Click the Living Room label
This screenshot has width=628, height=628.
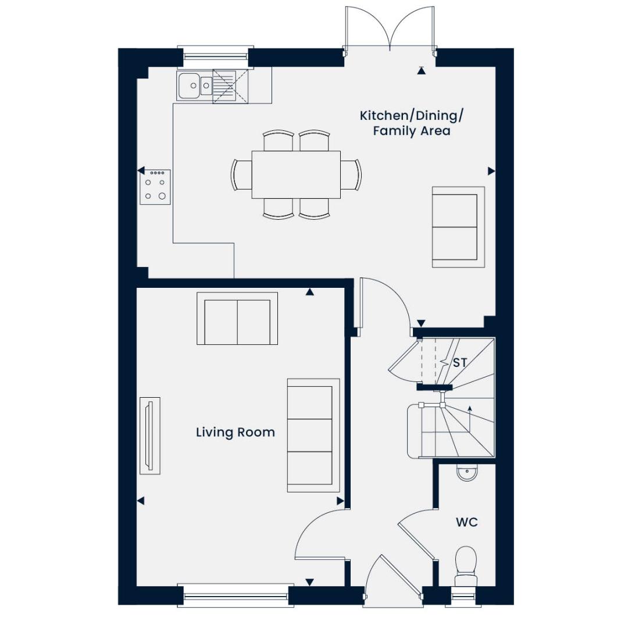(235, 432)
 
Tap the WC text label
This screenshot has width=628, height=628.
(466, 522)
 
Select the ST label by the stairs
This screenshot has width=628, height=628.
(460, 362)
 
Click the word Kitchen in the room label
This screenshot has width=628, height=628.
(383, 116)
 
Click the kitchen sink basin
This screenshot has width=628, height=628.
(190, 85)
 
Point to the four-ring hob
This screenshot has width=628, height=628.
(155, 187)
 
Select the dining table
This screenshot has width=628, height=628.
(296, 174)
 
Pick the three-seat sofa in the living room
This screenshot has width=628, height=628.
(313, 436)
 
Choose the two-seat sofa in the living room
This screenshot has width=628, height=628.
(237, 319)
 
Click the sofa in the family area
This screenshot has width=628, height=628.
(458, 227)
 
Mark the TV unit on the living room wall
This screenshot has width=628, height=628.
(150, 436)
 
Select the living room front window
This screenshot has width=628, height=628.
(235, 595)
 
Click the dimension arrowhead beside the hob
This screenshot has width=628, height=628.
(141, 171)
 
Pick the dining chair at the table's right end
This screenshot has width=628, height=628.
(351, 174)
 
